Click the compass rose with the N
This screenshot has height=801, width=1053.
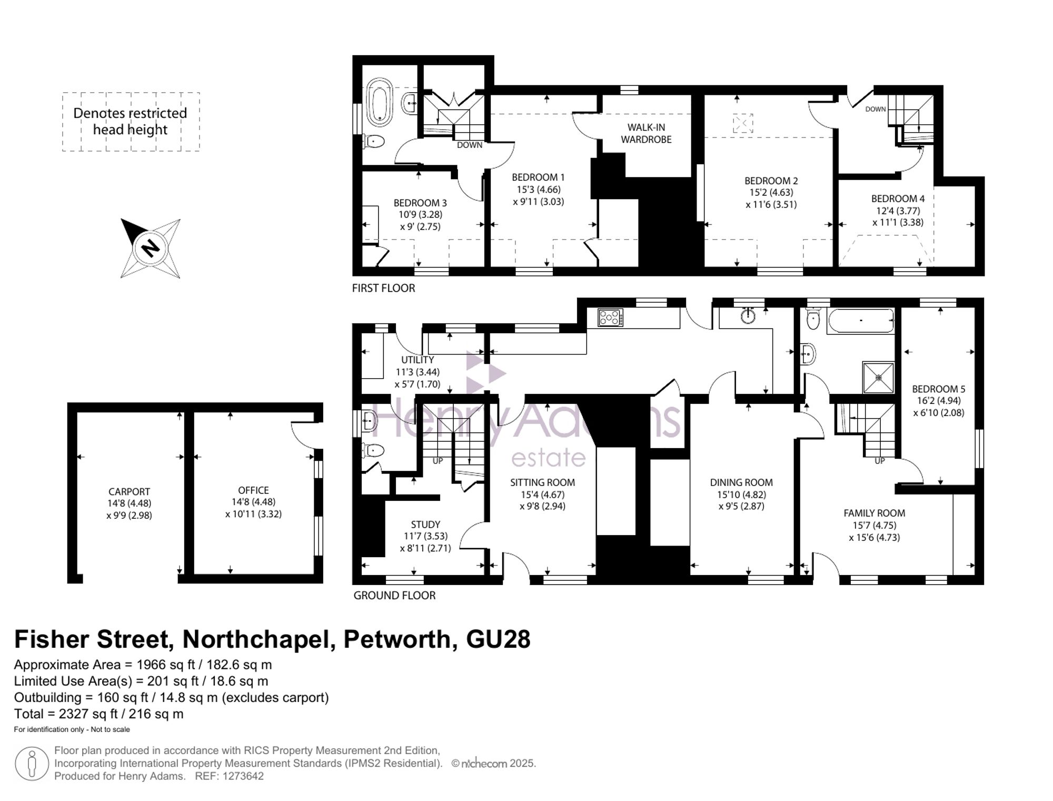click(151, 248)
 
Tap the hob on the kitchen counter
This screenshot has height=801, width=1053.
click(610, 318)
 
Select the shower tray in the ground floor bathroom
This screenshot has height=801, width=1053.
click(878, 378)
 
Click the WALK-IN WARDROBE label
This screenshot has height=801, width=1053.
click(646, 133)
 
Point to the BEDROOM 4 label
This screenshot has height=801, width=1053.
click(898, 199)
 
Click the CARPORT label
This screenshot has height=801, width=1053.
click(129, 491)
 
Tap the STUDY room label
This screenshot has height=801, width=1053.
click(425, 525)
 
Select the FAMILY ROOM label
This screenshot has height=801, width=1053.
click(874, 513)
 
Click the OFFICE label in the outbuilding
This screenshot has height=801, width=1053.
click(253, 490)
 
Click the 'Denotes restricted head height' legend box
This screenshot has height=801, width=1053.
click(131, 122)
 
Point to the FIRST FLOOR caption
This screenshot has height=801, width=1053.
click(383, 288)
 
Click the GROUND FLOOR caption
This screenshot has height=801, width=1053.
click(394, 596)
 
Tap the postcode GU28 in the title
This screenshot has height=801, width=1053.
click(498, 639)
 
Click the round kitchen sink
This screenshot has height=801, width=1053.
click(748, 315)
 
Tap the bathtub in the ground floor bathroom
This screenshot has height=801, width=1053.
click(860, 320)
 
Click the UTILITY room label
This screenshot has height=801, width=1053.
click(418, 360)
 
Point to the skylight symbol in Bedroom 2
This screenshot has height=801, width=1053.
click(743, 123)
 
